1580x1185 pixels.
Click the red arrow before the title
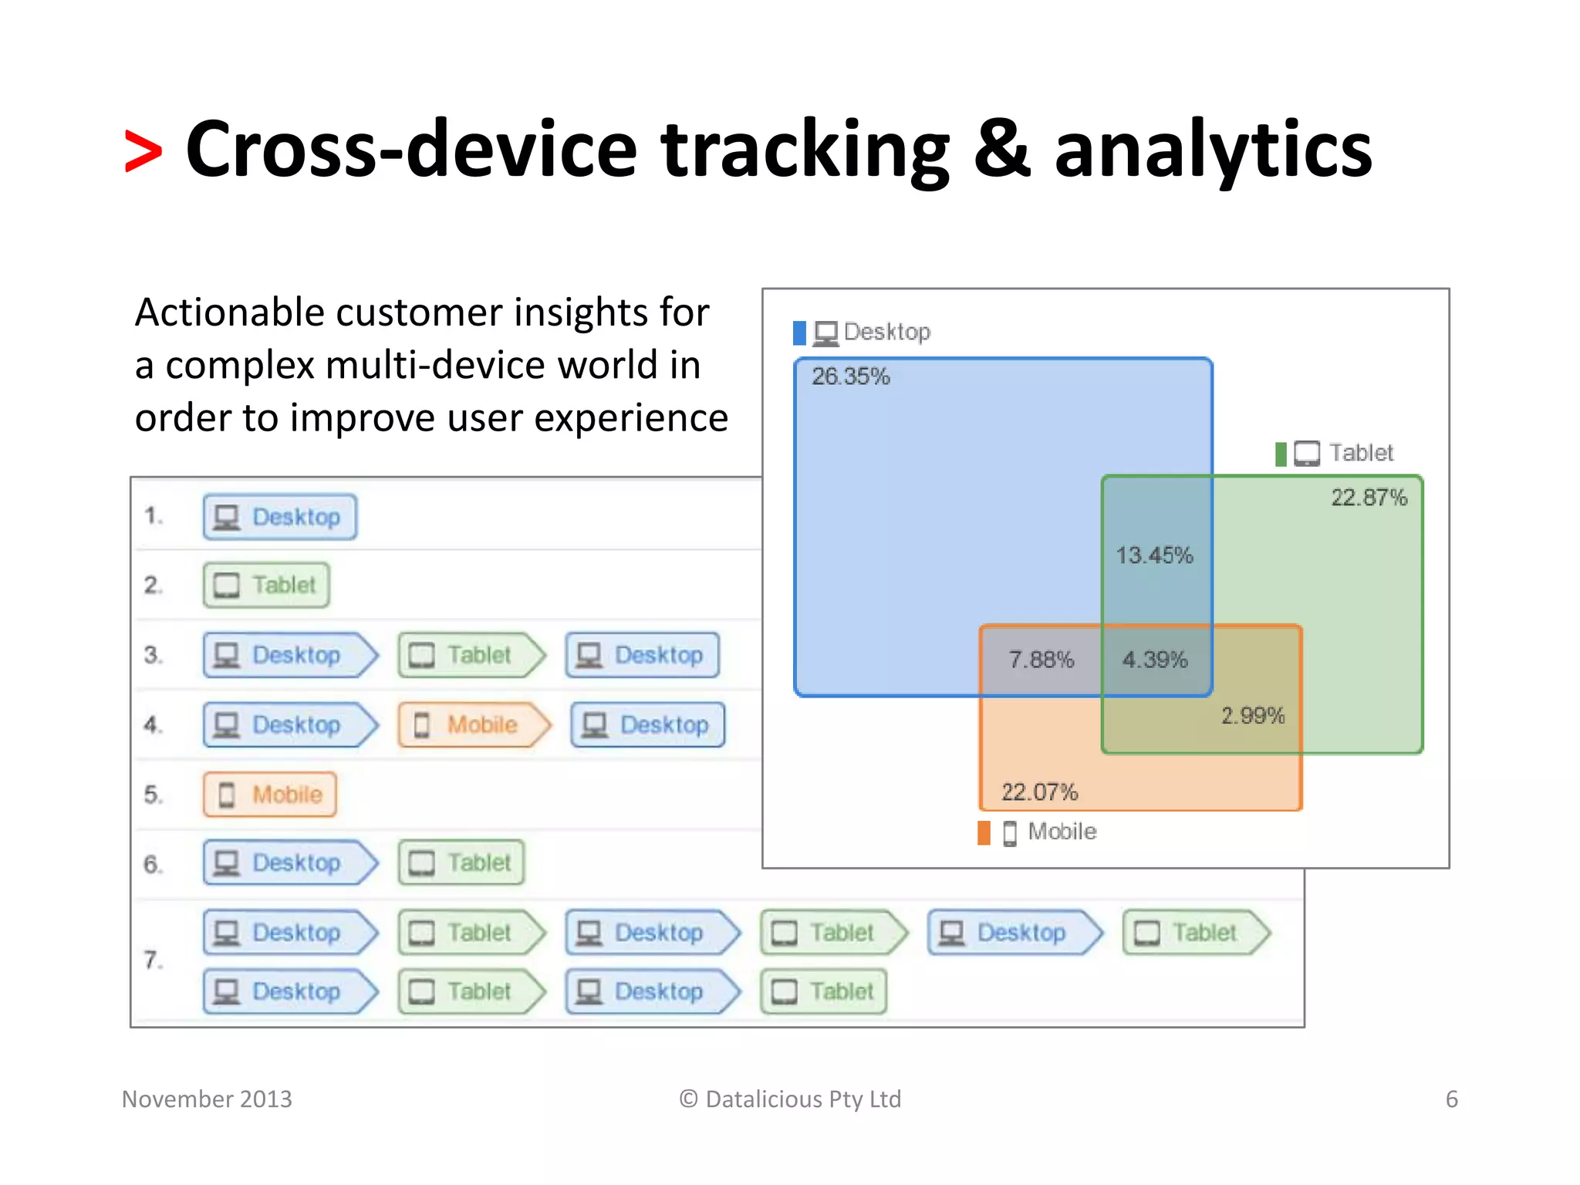(x=143, y=151)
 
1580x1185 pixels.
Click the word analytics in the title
(x=1213, y=151)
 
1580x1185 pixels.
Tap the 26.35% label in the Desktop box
(x=850, y=376)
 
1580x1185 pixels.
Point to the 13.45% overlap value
(x=1154, y=555)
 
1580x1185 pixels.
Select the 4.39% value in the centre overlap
(x=1154, y=660)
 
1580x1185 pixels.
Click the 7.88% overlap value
(x=1041, y=660)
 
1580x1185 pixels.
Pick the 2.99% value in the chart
(x=1252, y=715)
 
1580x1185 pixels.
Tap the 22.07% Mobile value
(x=1039, y=792)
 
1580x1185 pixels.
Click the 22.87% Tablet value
(x=1369, y=498)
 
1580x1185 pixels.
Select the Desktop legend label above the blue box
(x=886, y=332)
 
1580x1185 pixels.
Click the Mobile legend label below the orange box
(x=1062, y=832)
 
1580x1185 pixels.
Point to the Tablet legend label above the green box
(x=1361, y=453)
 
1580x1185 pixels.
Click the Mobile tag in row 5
(x=270, y=795)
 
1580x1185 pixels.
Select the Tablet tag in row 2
(x=267, y=586)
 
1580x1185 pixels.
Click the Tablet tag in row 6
(x=461, y=863)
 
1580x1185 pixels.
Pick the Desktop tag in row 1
(x=280, y=517)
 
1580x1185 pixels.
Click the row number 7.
(x=153, y=960)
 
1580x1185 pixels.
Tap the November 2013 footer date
(x=207, y=1099)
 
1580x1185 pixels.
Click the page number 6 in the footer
(x=1451, y=1099)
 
